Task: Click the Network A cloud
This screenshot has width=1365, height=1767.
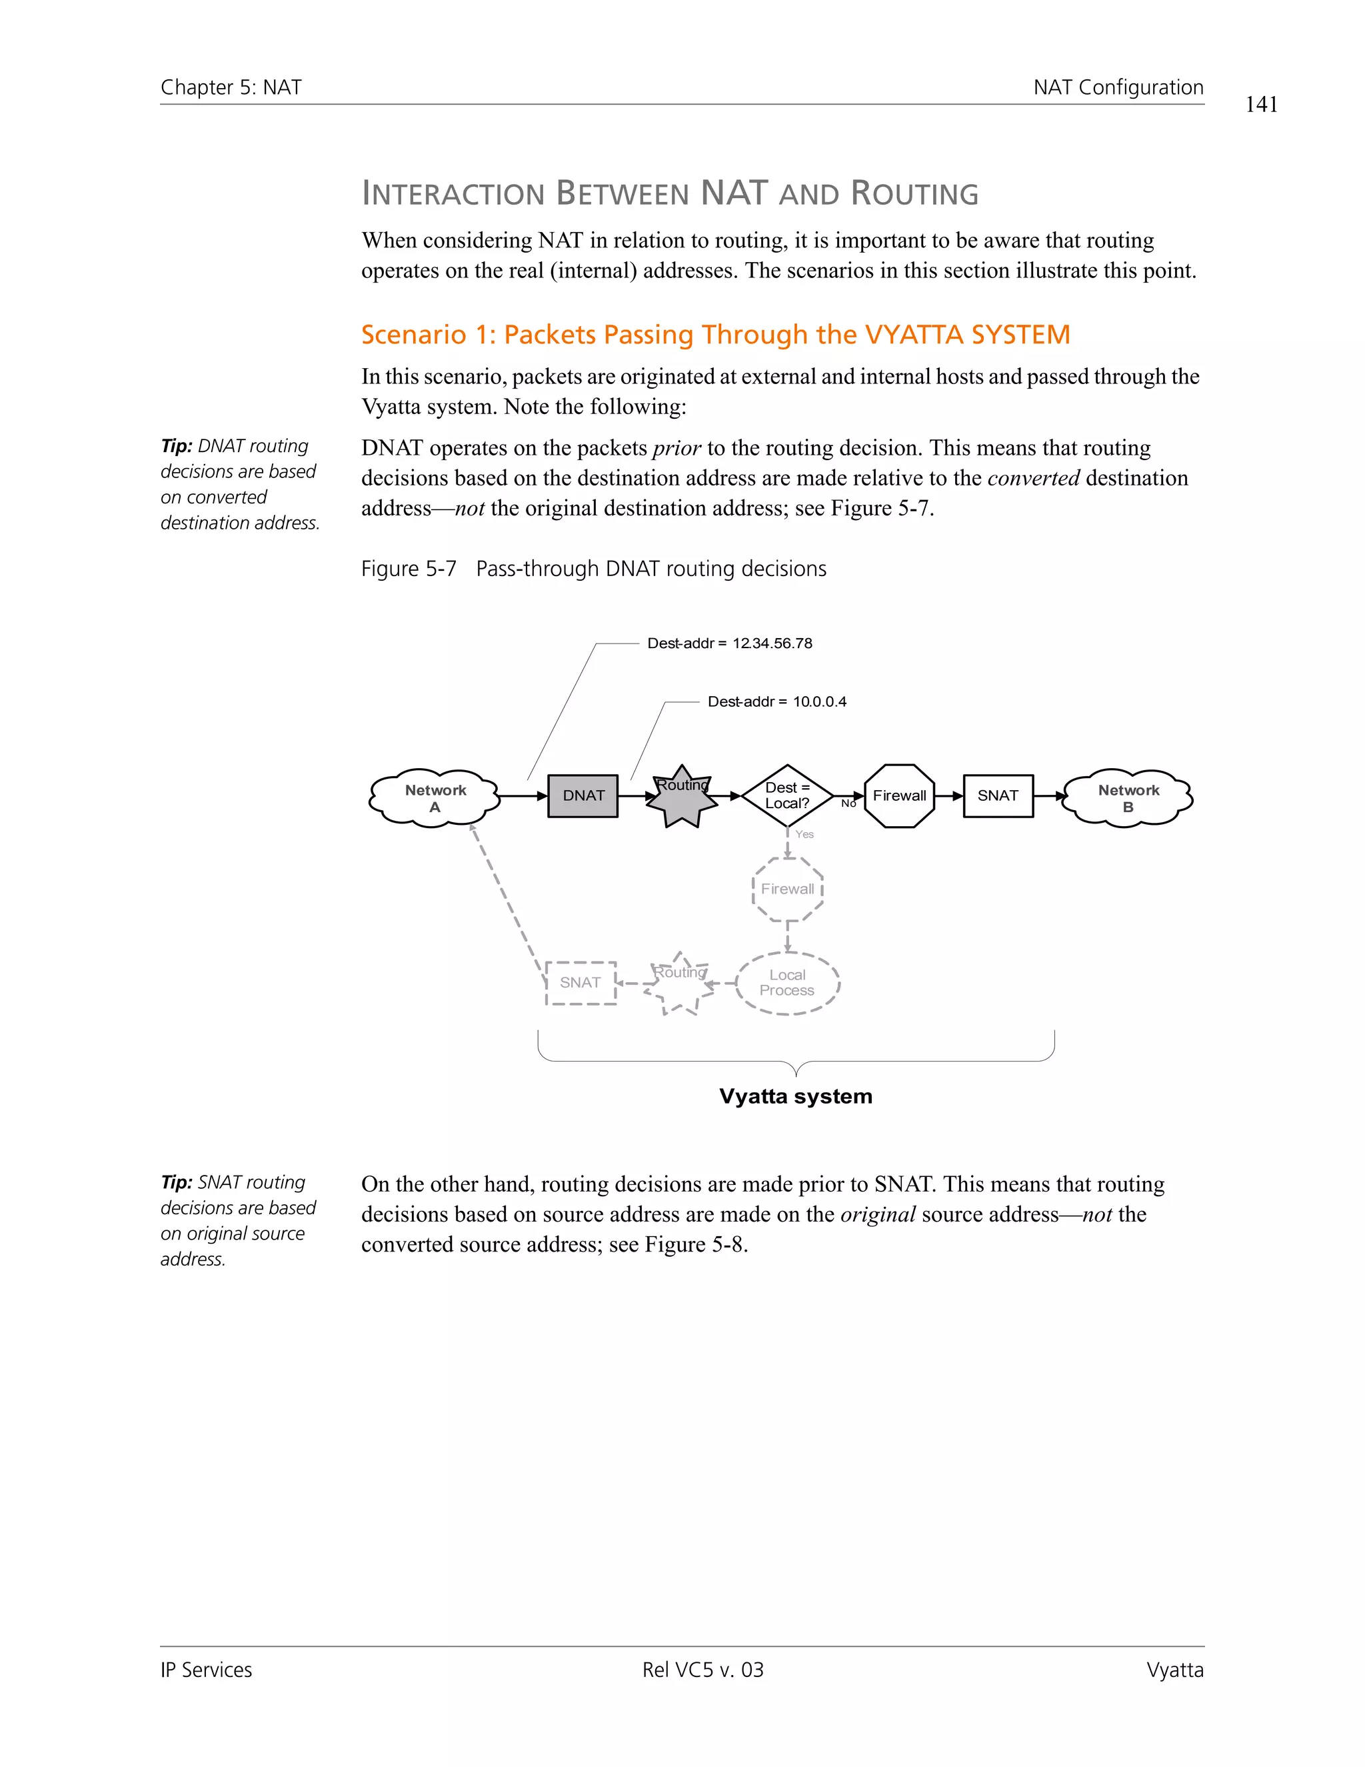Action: [x=435, y=797]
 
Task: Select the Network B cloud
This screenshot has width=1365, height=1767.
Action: [x=1128, y=797]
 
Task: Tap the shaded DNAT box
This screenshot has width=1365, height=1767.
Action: [x=583, y=796]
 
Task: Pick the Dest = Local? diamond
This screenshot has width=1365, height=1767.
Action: [x=787, y=795]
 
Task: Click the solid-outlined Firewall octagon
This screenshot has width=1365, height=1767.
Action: [x=899, y=796]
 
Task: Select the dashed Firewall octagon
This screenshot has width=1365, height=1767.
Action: [x=788, y=889]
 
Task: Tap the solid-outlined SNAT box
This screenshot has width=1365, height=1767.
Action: [x=998, y=796]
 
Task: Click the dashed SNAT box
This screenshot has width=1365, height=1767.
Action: [x=581, y=983]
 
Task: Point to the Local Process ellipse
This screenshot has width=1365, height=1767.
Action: [x=787, y=983]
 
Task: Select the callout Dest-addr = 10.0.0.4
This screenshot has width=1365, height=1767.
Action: [x=776, y=702]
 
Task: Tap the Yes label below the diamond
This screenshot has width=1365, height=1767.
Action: [x=804, y=834]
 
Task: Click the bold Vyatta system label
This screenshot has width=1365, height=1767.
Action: [x=796, y=1097]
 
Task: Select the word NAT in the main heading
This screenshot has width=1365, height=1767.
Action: [x=734, y=193]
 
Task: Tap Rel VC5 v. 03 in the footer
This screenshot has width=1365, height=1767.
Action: [x=702, y=1670]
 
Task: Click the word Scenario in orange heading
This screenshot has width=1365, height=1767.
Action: [x=413, y=335]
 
